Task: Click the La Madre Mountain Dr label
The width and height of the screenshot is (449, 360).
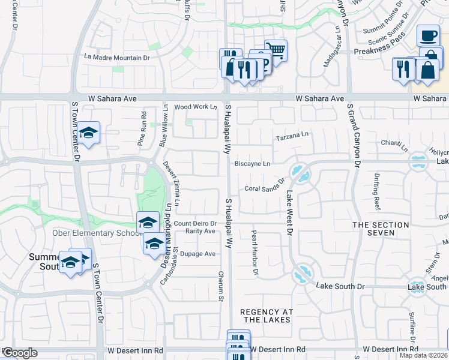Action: pos(117,58)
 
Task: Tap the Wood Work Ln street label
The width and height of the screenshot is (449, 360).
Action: pos(195,107)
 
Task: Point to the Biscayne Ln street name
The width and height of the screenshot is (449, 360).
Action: pos(252,163)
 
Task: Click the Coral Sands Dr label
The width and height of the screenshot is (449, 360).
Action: pos(264,188)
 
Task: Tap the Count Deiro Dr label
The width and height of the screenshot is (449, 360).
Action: pos(195,224)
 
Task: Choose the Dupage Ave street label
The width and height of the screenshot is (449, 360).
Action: pos(197,254)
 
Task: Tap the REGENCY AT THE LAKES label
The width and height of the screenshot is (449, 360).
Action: pos(266,316)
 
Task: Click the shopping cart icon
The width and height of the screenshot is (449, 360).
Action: pos(276,49)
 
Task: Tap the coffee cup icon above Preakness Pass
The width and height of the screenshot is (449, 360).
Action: pos(428,35)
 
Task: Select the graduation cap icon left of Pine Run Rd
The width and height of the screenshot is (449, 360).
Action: pos(88,133)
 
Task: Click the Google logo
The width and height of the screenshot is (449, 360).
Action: pos(19,353)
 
